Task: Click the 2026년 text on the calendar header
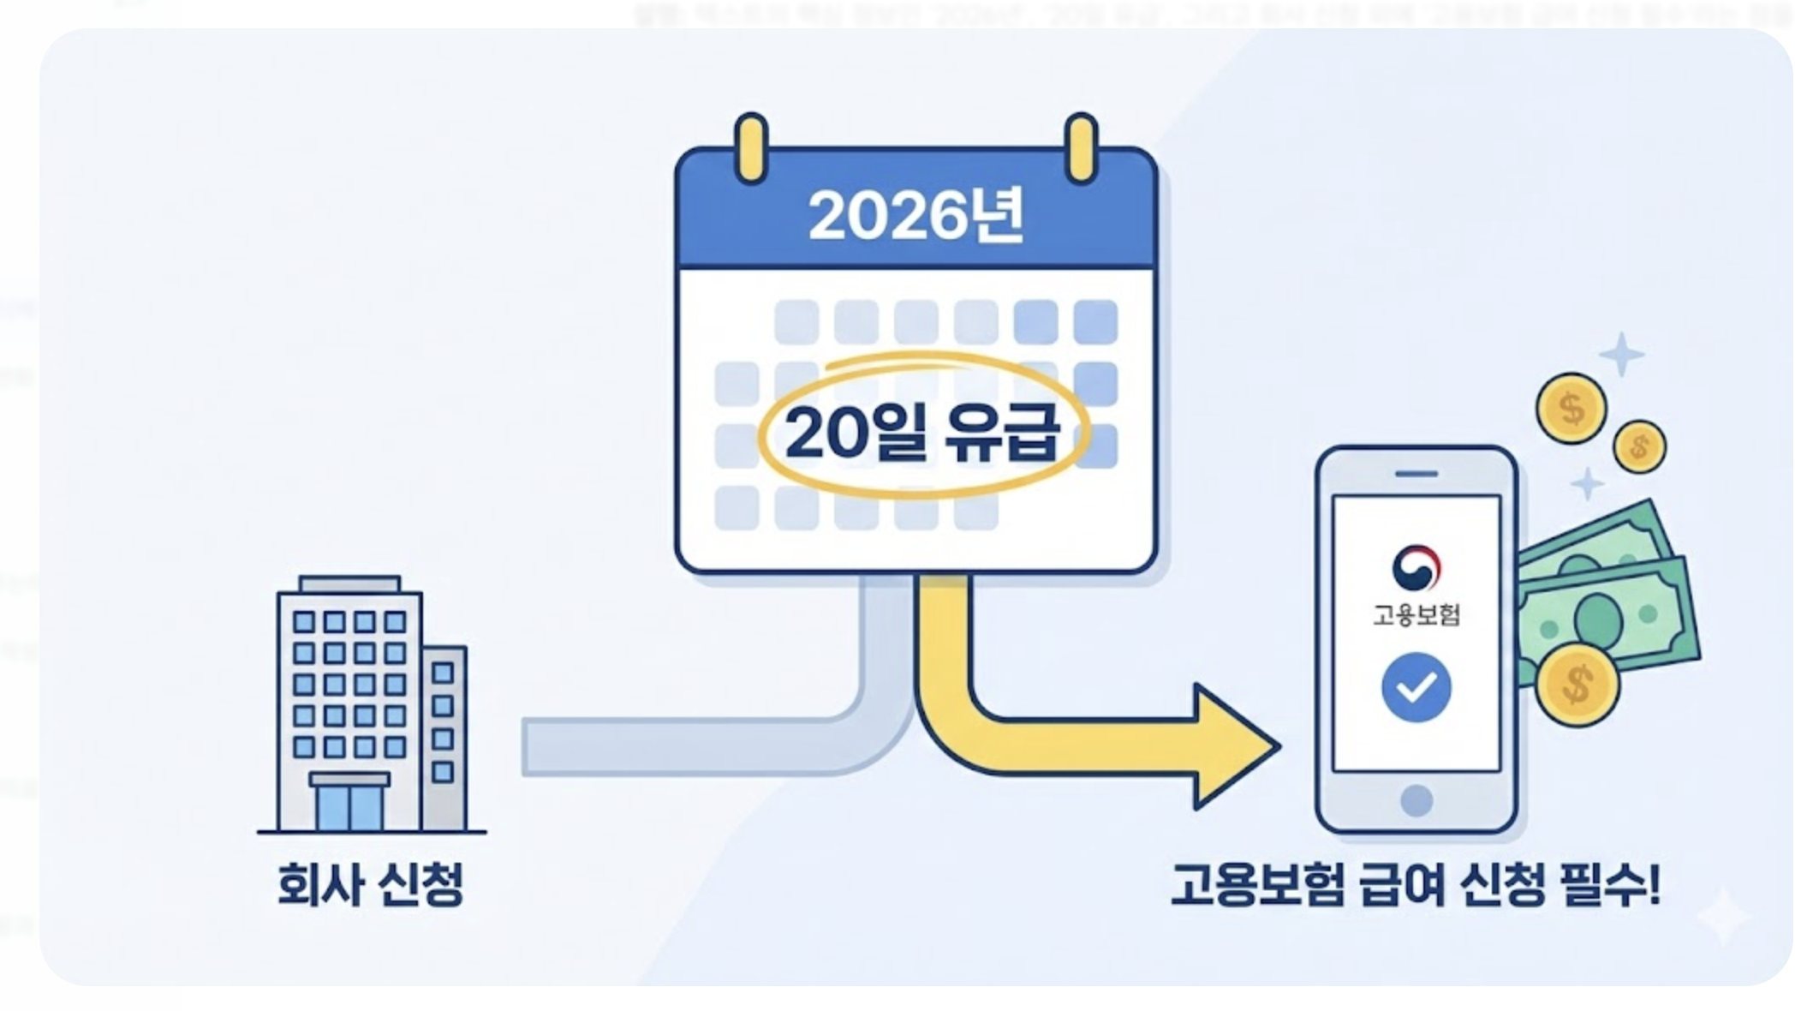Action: pyautogui.click(x=915, y=216)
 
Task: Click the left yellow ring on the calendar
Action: pyautogui.click(x=751, y=147)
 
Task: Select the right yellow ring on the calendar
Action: pyautogui.click(x=1081, y=147)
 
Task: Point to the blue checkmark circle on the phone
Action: pyautogui.click(x=1416, y=687)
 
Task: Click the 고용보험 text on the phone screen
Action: pyautogui.click(x=1416, y=614)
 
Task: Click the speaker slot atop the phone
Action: pyautogui.click(x=1416, y=474)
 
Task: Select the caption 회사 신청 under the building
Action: pyautogui.click(x=370, y=884)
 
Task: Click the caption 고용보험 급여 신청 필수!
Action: pyautogui.click(x=1415, y=884)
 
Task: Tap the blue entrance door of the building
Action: pyautogui.click(x=349, y=807)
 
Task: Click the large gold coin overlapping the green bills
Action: pyautogui.click(x=1577, y=684)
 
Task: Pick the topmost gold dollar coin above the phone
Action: pyautogui.click(x=1571, y=409)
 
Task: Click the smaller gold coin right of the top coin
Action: pyautogui.click(x=1639, y=446)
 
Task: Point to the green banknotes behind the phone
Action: pyautogui.click(x=1610, y=600)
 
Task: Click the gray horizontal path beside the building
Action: pyautogui.click(x=685, y=747)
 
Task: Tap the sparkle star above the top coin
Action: pyautogui.click(x=1621, y=354)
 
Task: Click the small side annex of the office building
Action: pyautogui.click(x=444, y=737)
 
